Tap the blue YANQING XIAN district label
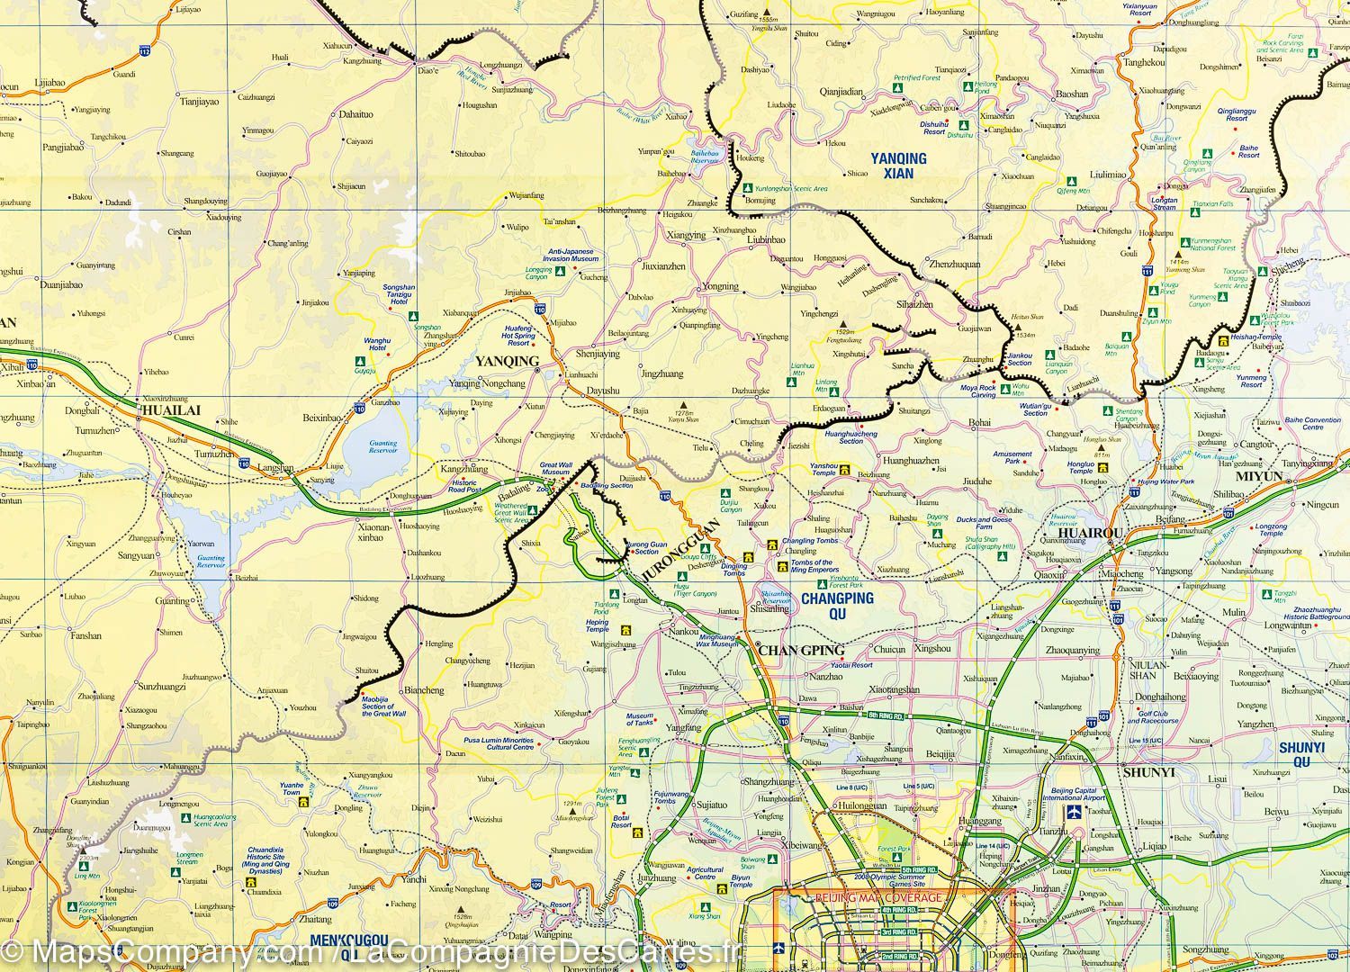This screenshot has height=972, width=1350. (898, 166)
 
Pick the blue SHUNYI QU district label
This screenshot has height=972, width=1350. (1301, 754)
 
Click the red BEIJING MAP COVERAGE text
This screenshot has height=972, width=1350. (877, 897)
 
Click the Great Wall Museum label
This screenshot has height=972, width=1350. (555, 469)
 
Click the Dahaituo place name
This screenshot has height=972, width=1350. (355, 114)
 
